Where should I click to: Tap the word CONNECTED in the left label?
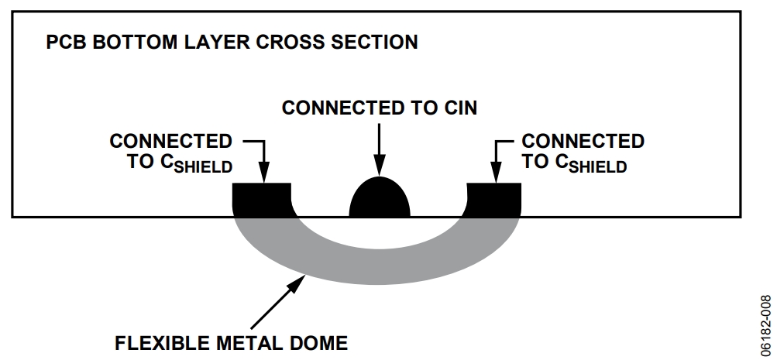click(x=170, y=142)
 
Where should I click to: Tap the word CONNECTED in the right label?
click(x=583, y=142)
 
